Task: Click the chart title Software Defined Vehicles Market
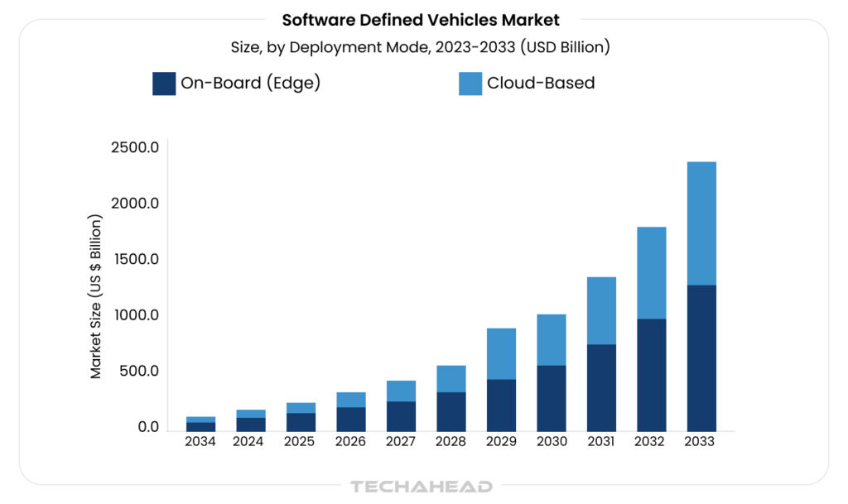coord(421,19)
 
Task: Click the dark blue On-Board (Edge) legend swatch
coord(164,84)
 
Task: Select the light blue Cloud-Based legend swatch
coord(470,84)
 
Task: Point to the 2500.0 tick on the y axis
coord(135,147)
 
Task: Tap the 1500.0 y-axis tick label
coord(135,259)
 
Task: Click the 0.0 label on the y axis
coord(148,427)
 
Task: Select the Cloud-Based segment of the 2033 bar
coord(701,223)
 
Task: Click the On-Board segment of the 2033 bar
coord(701,358)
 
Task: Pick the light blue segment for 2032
coord(651,273)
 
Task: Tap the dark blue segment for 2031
coord(601,387)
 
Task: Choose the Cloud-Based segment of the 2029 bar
coord(501,354)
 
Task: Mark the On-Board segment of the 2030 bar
coord(551,398)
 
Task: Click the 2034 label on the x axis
coord(200,442)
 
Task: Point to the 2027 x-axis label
coord(400,442)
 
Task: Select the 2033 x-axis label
coord(701,442)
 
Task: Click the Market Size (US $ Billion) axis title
coord(97,296)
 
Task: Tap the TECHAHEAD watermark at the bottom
coord(422,487)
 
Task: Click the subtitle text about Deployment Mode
coord(421,47)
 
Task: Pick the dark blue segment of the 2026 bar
coord(350,419)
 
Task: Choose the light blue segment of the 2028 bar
coord(450,379)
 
